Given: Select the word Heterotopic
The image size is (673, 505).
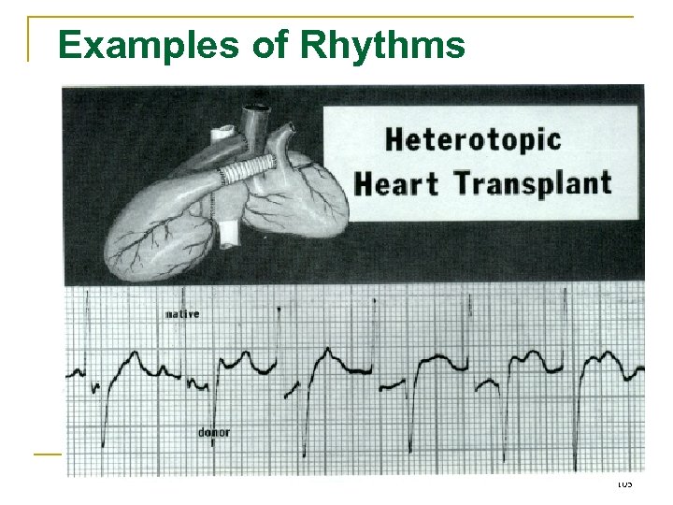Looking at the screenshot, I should point(473,140).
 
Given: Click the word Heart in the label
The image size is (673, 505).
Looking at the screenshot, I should point(400,182).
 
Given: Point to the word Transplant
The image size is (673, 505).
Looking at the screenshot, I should point(533,182).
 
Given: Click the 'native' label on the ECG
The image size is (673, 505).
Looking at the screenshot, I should point(182,314).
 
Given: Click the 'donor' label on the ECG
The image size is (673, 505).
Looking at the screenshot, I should point(214,433).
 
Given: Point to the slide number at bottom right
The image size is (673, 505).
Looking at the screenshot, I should point(624,483).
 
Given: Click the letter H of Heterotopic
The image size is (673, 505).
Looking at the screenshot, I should point(395,140).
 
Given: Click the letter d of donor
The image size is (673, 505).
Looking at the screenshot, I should point(202,433).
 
